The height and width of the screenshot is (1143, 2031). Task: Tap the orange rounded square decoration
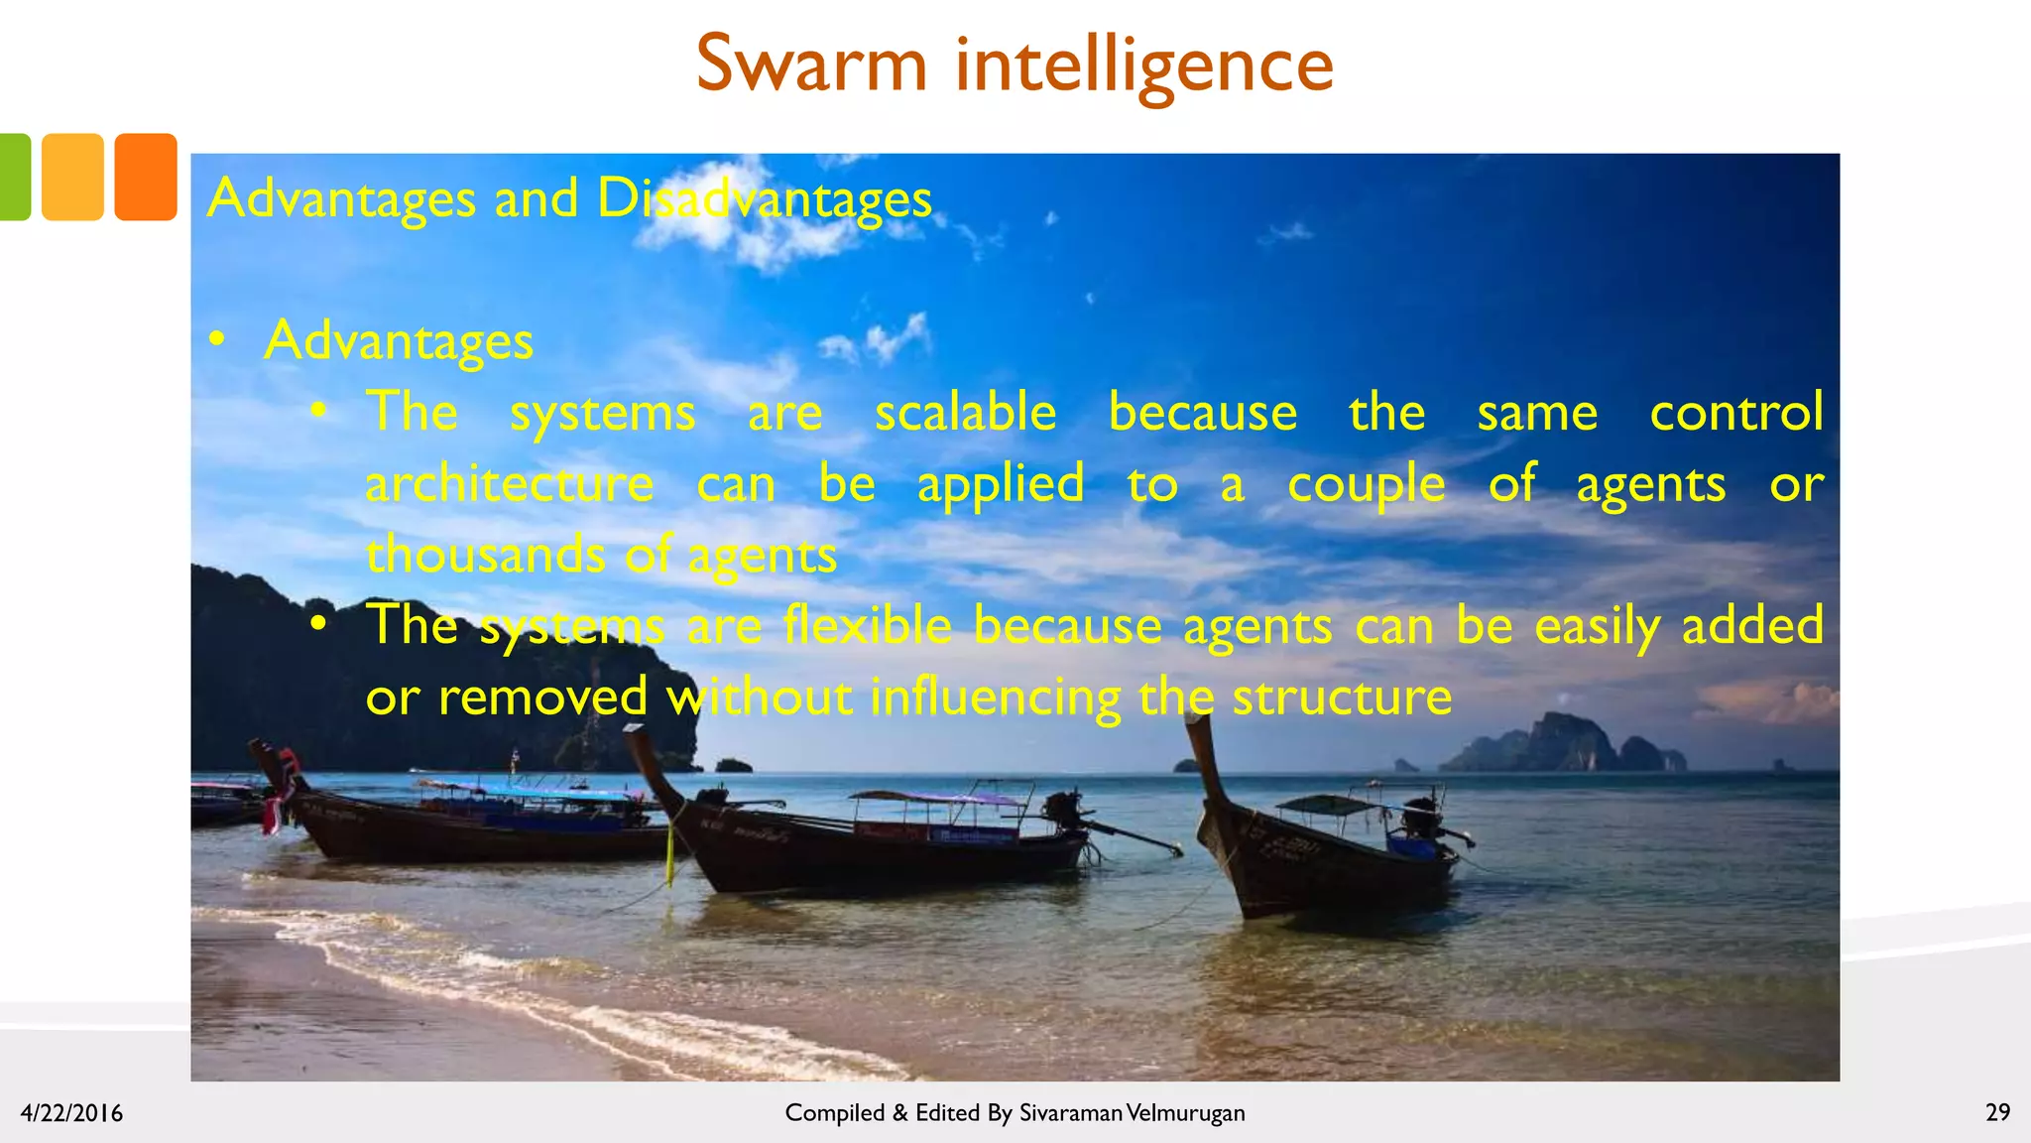pos(146,177)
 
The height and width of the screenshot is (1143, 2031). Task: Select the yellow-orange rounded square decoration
pos(72,177)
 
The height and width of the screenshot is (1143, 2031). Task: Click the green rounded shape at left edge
pos(14,177)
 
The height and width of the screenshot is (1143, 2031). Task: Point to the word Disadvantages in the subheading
pos(764,198)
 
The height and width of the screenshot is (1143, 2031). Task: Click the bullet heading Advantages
pos(399,341)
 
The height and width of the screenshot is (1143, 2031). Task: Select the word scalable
pos(965,412)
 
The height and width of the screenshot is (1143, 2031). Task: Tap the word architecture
pos(509,484)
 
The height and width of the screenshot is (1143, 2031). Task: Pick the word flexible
pos(867,626)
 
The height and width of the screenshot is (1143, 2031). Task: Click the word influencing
pos(995,698)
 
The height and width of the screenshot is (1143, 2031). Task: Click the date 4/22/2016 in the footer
pos(71,1113)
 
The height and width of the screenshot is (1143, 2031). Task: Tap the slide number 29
pos(1997,1112)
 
